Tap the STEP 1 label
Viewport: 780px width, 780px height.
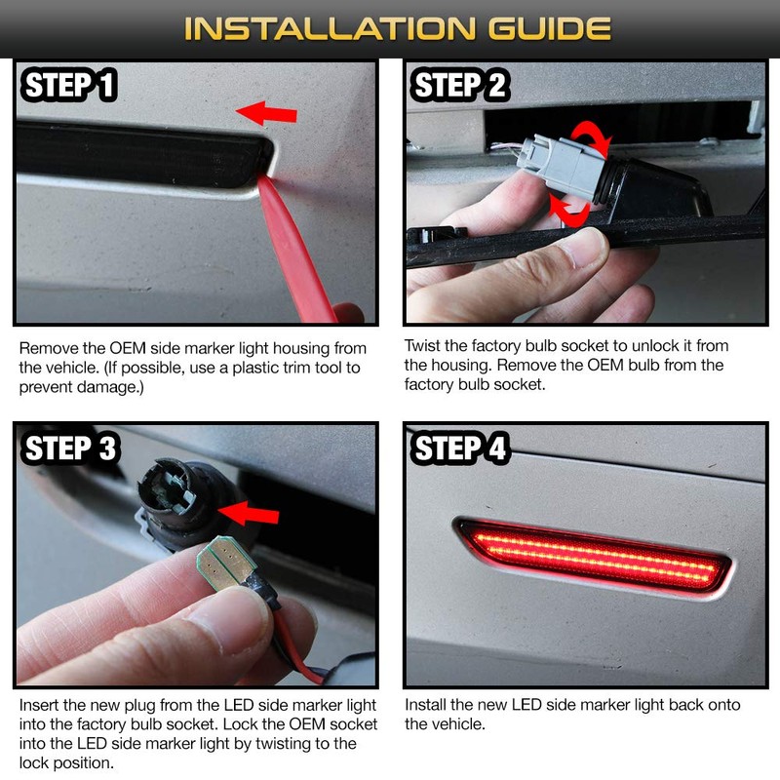[x=69, y=86]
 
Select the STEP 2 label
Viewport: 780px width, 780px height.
[x=461, y=86]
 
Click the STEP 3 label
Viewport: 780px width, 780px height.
[x=71, y=448]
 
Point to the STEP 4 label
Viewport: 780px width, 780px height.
[x=461, y=448]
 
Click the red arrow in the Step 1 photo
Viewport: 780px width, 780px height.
[x=268, y=113]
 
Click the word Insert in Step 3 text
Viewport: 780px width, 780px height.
[x=39, y=705]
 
